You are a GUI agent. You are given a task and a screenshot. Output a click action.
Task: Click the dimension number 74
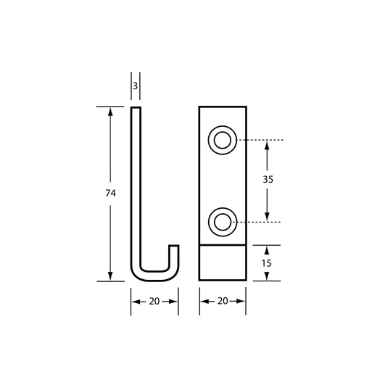pos(110,193)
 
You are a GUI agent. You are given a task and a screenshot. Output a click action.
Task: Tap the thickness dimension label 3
pos(136,86)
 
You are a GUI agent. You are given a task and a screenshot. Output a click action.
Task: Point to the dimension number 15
pos(267,263)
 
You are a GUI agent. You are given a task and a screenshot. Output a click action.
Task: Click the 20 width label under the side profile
pos(154,301)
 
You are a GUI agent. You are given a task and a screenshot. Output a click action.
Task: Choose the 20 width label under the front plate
pos(223,301)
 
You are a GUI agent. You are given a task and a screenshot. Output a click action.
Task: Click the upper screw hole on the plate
pos(223,139)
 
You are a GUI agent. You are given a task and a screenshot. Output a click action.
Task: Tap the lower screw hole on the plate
pos(223,222)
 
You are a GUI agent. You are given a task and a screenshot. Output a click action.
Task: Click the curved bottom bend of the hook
pos(154,276)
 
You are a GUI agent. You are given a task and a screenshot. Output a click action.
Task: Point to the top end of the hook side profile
pos(136,109)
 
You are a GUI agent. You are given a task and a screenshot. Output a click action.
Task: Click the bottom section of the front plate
pos(223,263)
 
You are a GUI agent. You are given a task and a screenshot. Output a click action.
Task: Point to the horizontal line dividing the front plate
pos(223,246)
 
